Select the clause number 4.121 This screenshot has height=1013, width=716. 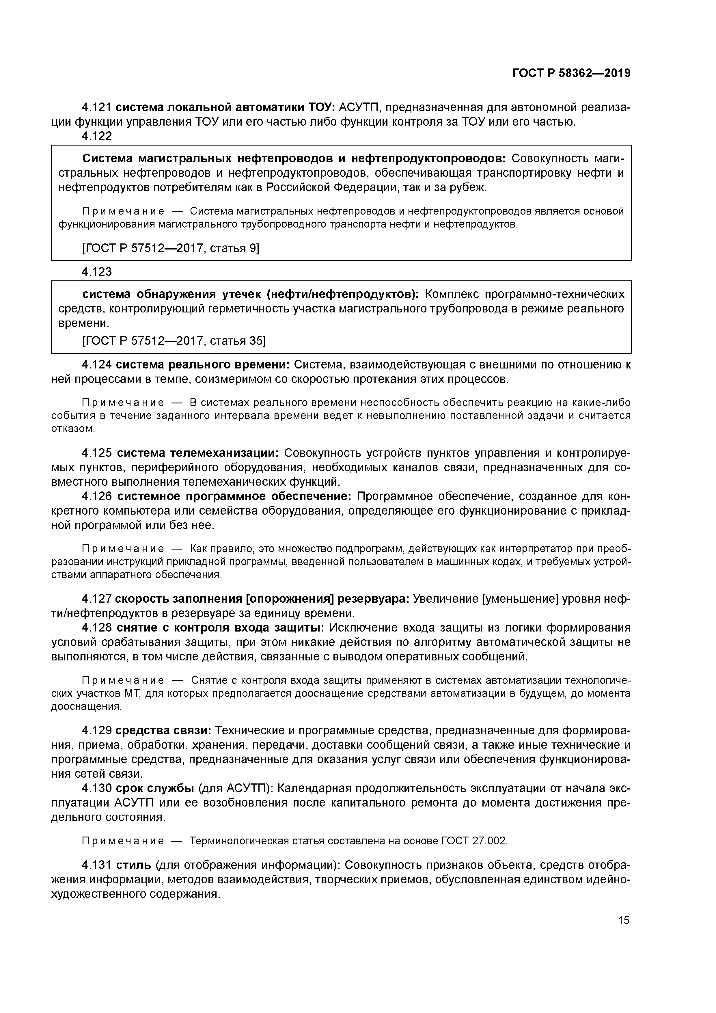97,107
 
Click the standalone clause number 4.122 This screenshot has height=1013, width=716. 97,136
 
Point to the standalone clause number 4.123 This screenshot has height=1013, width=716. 97,272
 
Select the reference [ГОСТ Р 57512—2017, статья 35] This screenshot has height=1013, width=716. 174,341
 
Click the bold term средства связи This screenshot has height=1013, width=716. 163,731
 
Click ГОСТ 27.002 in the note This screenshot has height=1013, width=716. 474,841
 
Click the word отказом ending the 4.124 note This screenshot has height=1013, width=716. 73,429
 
